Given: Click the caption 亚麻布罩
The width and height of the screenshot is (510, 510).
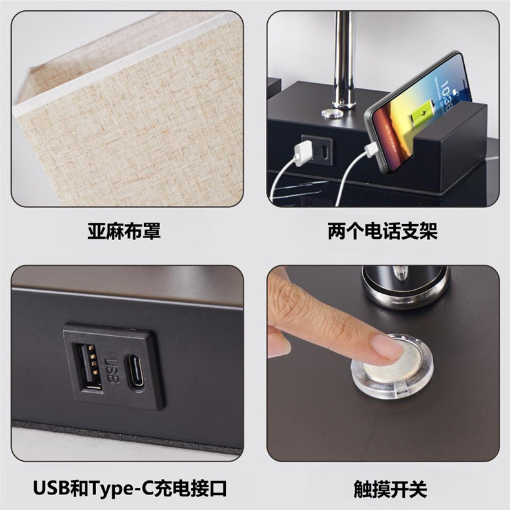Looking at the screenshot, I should tap(124, 230).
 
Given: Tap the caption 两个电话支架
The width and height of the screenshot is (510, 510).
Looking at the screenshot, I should tap(382, 230).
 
